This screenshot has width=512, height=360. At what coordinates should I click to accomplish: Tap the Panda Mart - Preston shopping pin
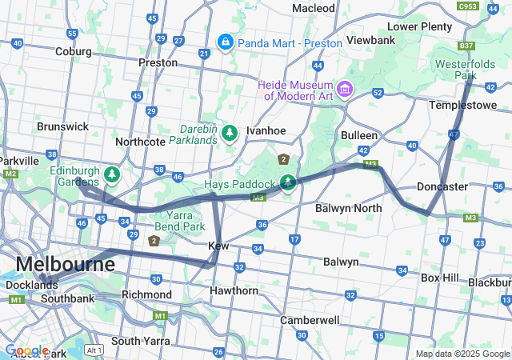226,42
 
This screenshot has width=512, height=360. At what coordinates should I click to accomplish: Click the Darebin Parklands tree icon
230,132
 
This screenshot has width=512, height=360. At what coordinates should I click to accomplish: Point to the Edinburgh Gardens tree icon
113,174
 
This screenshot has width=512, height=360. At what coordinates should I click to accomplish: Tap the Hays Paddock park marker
287,182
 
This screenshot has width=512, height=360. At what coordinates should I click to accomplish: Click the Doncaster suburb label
442,186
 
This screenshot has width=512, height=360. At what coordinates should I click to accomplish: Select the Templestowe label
463,105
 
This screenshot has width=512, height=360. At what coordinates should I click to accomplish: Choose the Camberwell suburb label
309,320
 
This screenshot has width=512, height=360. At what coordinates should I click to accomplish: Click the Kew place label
219,246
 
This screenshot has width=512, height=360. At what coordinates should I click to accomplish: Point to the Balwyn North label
348,208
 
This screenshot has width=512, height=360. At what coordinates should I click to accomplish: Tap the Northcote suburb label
140,142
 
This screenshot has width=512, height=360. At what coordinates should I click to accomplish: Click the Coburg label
74,51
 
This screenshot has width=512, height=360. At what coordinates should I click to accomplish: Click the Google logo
26,350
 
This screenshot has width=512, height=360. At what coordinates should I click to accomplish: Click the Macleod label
314,8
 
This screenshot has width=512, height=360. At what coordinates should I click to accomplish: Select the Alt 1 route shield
94,350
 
